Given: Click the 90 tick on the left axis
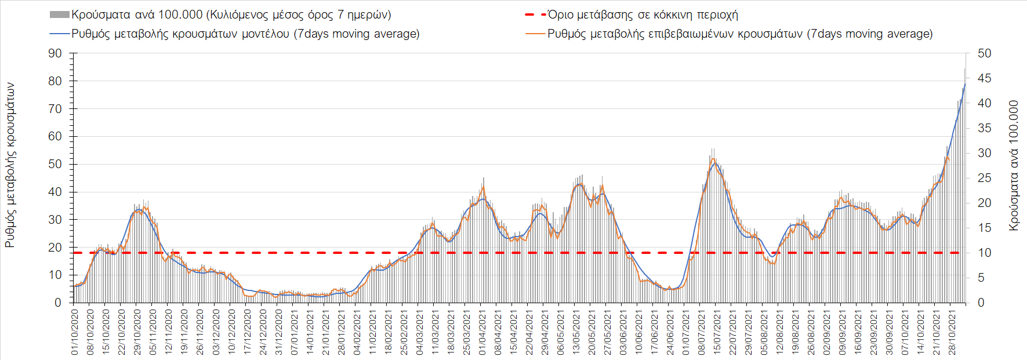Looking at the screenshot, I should pos(55,53).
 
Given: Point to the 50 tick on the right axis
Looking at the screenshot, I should pos(984,53).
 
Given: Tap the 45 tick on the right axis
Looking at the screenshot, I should pos(984,78).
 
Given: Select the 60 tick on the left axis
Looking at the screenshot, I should pos(55,136).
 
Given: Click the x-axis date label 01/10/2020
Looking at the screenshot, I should pos(75,332).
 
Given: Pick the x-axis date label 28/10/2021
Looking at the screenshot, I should pos(952,332).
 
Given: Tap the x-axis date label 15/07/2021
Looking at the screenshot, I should pos(717,332).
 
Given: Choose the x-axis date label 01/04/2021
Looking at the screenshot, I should pos(482,332).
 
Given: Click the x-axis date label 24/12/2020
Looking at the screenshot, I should pos(263,332).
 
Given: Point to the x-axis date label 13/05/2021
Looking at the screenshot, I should pos(576,332).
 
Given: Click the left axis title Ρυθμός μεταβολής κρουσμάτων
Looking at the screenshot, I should pos(10,165).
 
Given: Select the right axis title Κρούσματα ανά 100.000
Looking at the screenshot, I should pos(1013,166).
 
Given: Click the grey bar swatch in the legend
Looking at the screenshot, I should pos(60,14).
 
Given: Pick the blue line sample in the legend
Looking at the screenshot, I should pos(60,34).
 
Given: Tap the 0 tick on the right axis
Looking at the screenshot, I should pos(981,303).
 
